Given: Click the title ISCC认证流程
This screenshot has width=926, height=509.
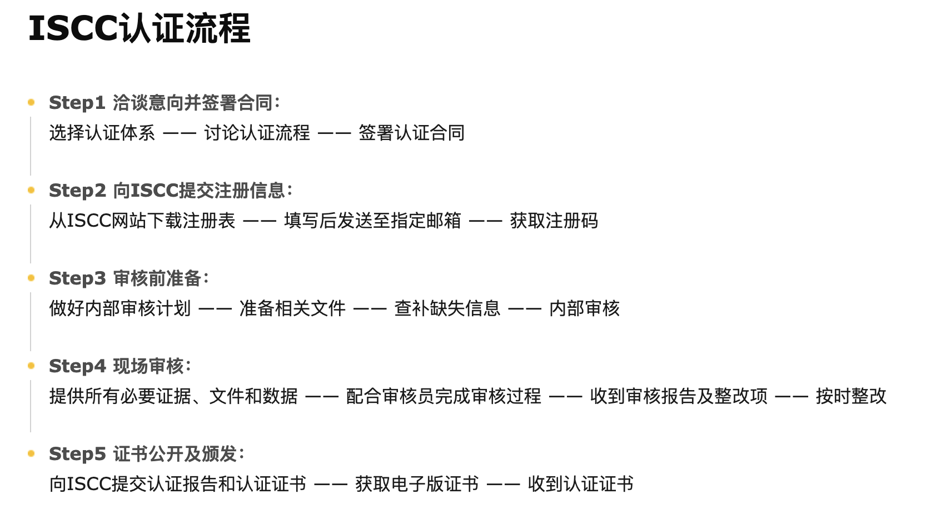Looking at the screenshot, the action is tap(140, 28).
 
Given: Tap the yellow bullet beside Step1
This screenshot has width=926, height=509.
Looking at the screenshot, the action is tap(31, 102).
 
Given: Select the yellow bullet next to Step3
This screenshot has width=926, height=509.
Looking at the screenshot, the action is tap(31, 278).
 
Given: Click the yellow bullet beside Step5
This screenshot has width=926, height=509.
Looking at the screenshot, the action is tap(31, 453).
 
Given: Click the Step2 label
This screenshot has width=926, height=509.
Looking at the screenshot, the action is tap(78, 191).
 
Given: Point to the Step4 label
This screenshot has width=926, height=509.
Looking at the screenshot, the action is tap(78, 366).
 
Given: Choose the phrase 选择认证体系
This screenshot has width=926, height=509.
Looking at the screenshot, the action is tap(102, 133).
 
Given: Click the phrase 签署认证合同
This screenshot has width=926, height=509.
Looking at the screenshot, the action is tap(412, 133).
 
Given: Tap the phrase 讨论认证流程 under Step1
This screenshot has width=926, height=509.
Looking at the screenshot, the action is tap(257, 133).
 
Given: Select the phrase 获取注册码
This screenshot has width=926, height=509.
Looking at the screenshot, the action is tap(554, 221).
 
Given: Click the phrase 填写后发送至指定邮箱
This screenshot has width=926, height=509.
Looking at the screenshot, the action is tap(372, 221).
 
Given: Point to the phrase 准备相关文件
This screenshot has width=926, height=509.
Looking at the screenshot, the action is tap(293, 308).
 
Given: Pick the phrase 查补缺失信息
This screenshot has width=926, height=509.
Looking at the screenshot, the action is tap(447, 308).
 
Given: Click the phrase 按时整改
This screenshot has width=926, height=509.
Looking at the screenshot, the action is tap(851, 396).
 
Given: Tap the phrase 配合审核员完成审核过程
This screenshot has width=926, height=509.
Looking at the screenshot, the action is tap(444, 396).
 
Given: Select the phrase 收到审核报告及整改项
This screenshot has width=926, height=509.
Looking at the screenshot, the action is tap(679, 396).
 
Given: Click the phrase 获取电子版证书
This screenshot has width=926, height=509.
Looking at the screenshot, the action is tap(417, 484).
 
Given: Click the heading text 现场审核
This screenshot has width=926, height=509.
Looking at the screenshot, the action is tap(148, 366).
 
